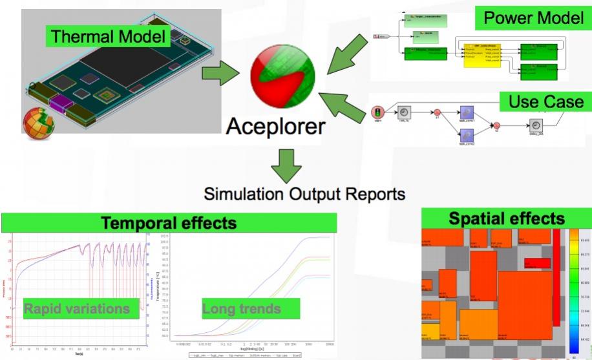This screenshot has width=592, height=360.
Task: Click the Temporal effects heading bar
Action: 169,224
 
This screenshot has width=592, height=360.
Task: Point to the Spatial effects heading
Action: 506,218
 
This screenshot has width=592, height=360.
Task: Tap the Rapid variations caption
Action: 76,308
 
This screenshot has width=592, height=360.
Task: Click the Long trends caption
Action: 241,308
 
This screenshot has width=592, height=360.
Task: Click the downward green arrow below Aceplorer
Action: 284,165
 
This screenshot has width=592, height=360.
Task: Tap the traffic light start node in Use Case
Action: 377,112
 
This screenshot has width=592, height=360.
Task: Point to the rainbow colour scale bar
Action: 573,291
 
